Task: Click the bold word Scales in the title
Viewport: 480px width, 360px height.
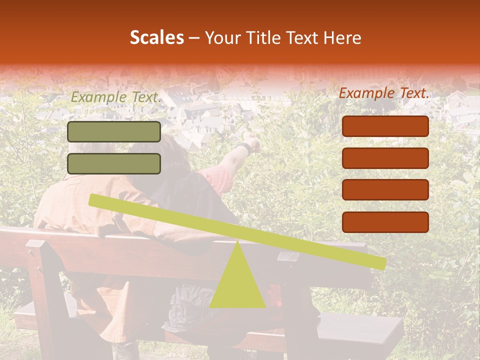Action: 156,37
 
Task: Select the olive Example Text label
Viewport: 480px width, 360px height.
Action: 116,97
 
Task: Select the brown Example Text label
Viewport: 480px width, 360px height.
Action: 384,93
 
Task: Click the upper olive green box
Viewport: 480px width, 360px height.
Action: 114,131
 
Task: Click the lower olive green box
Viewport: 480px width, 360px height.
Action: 114,163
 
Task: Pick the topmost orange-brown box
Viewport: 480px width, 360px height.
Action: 385,126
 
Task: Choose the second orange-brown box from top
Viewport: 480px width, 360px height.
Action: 385,158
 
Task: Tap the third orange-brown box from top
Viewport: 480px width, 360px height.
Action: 385,190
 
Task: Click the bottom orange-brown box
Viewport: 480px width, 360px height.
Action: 385,222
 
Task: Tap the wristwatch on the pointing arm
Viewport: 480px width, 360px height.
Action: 244,148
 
